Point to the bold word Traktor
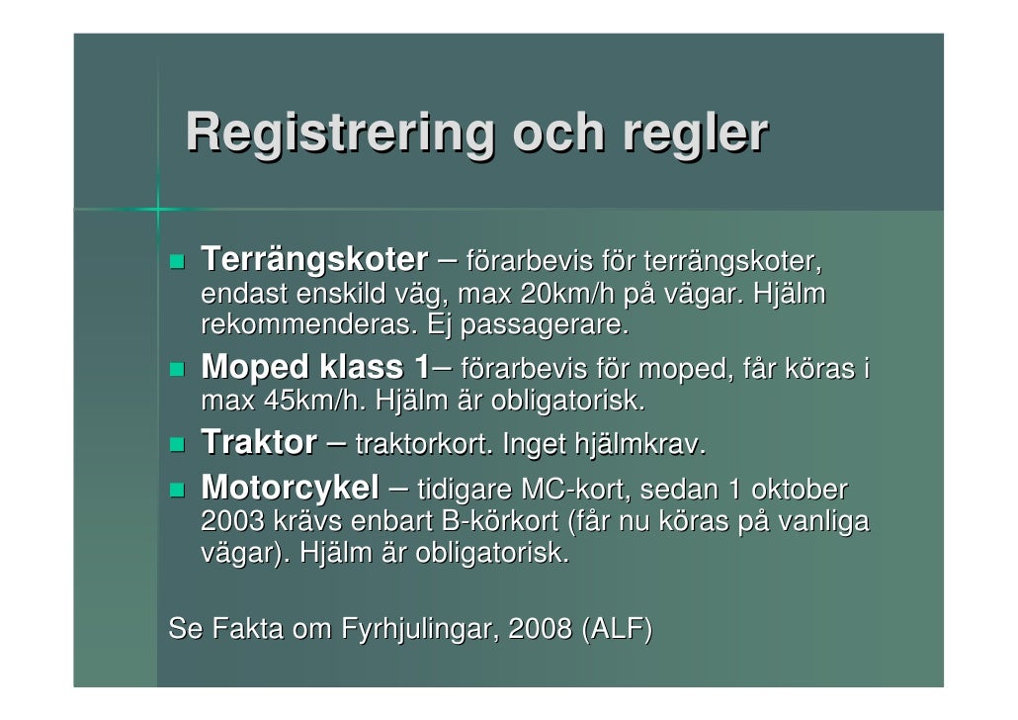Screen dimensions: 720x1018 pos(259,443)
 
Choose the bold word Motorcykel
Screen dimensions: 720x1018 pos(290,488)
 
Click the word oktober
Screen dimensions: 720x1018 pos(800,489)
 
